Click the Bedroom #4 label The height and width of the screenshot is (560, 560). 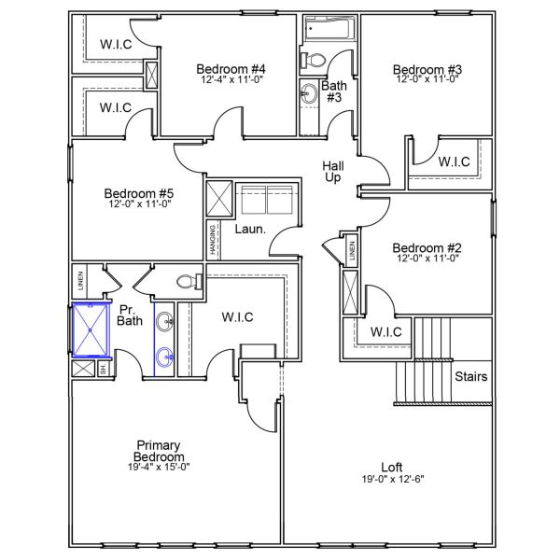(x=231, y=69)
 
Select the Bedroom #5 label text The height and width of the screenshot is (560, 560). (x=139, y=194)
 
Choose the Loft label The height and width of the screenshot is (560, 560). (x=392, y=467)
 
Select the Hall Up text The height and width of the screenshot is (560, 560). (x=332, y=172)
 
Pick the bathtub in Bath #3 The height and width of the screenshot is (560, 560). (x=327, y=32)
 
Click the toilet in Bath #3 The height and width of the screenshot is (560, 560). (x=315, y=61)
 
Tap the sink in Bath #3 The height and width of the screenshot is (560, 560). (x=309, y=92)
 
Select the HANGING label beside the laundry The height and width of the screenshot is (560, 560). (x=214, y=241)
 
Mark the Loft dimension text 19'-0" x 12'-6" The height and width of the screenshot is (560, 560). (x=392, y=479)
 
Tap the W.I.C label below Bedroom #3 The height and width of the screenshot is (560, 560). (x=454, y=161)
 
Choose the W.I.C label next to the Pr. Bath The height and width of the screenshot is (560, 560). (x=237, y=317)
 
